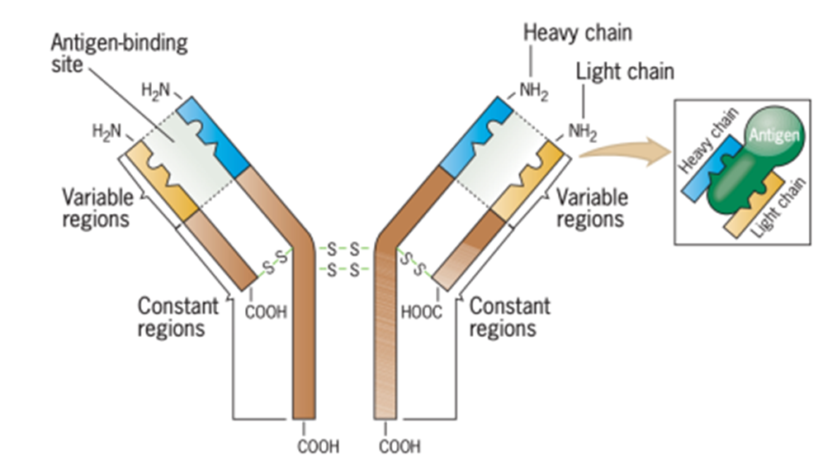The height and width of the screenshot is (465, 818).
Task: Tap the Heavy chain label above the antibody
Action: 577,33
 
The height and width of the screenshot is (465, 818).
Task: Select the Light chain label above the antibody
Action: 624,72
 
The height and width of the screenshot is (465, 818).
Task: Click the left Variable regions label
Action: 96,208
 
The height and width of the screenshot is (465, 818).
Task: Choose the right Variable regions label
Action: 591,208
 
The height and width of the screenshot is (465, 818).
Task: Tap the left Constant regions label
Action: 177,316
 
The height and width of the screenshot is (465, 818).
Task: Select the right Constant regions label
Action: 509,316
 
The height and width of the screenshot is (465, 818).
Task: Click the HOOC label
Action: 422,313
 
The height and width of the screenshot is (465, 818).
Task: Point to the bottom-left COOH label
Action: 318,447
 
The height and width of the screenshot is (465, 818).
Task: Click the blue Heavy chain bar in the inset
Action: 708,164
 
